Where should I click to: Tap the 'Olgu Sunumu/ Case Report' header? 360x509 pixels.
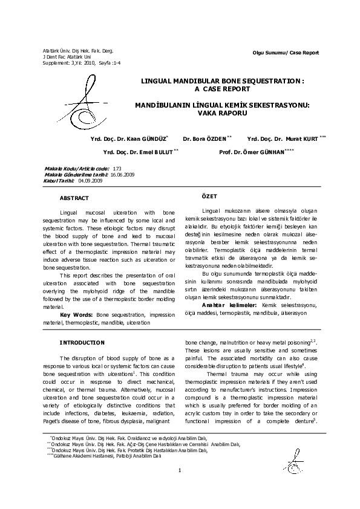pos(286,53)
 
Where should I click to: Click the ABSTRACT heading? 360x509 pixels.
pos(74,198)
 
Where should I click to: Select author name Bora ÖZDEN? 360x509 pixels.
pos(205,138)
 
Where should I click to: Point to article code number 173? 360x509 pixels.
pos(117,168)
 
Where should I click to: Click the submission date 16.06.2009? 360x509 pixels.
pos(122,174)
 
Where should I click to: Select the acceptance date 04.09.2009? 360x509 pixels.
pos(91,180)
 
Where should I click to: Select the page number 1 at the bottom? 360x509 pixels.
pos(180,487)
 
